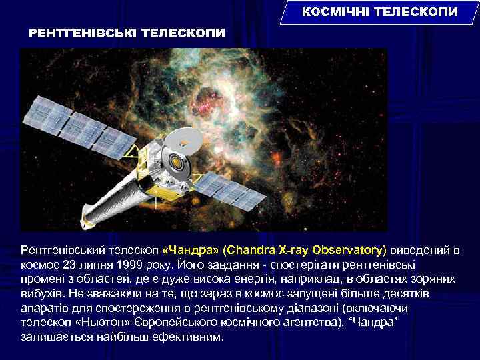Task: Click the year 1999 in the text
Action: (122, 265)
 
